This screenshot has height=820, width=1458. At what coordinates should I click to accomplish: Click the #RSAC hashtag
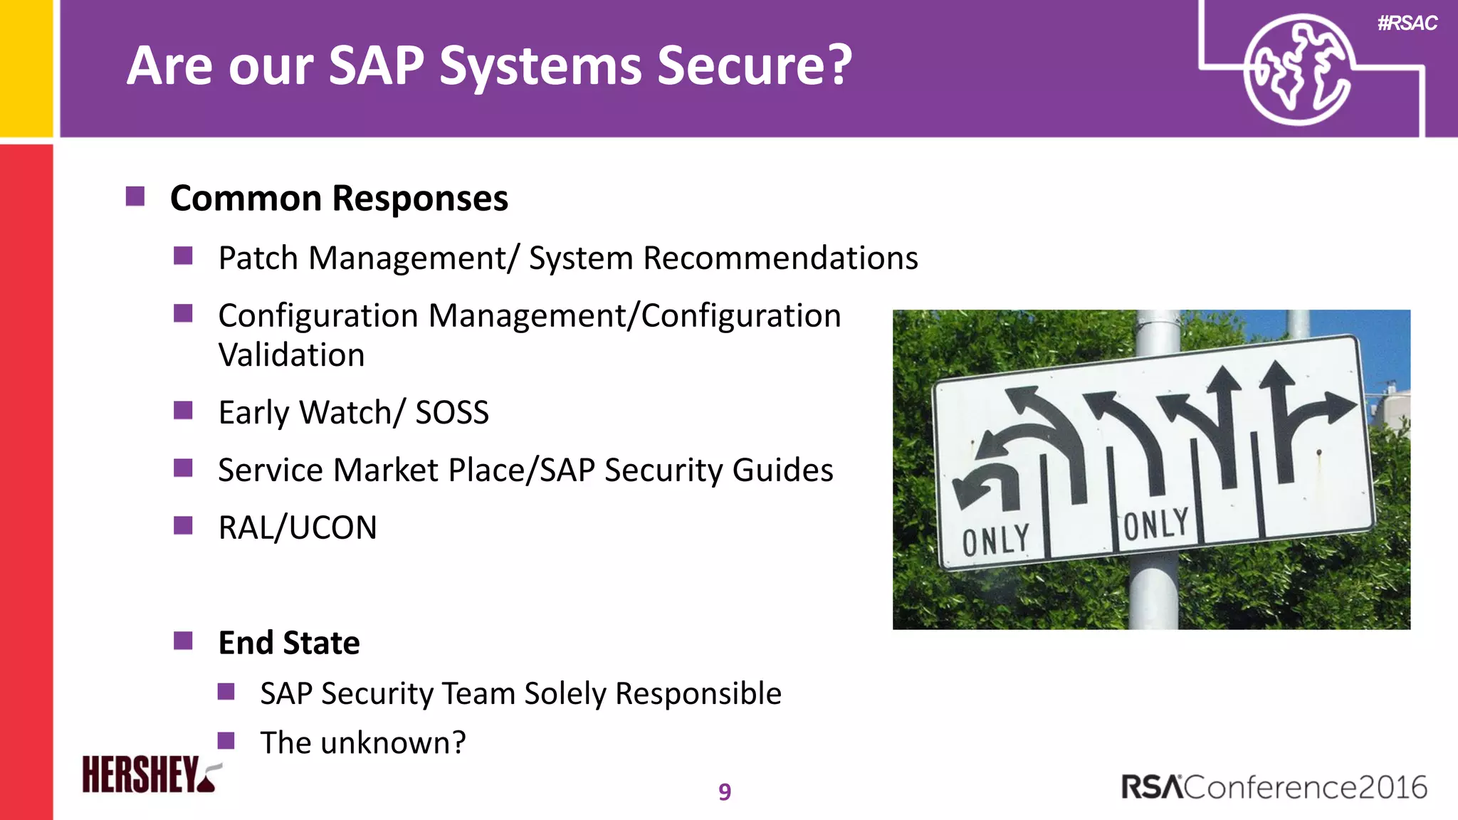point(1407,23)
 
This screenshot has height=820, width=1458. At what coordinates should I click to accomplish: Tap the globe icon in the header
point(1297,70)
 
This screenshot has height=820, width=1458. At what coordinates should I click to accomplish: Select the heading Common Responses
point(339,198)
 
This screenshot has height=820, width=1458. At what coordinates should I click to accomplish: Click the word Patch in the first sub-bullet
point(258,258)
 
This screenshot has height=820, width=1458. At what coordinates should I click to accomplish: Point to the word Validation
point(291,354)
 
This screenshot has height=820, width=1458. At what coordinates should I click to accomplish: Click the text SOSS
point(452,412)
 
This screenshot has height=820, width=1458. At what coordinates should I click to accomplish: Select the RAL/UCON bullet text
point(298,527)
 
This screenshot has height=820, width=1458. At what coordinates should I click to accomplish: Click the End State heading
point(289,642)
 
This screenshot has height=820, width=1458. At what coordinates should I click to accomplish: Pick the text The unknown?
point(362,742)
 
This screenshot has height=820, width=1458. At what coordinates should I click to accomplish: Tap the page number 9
point(725,792)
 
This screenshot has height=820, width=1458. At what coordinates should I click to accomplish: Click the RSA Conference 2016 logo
point(1274,787)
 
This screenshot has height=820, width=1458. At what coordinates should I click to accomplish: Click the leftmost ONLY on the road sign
point(996,540)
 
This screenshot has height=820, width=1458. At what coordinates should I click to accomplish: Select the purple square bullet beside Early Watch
point(183,411)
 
